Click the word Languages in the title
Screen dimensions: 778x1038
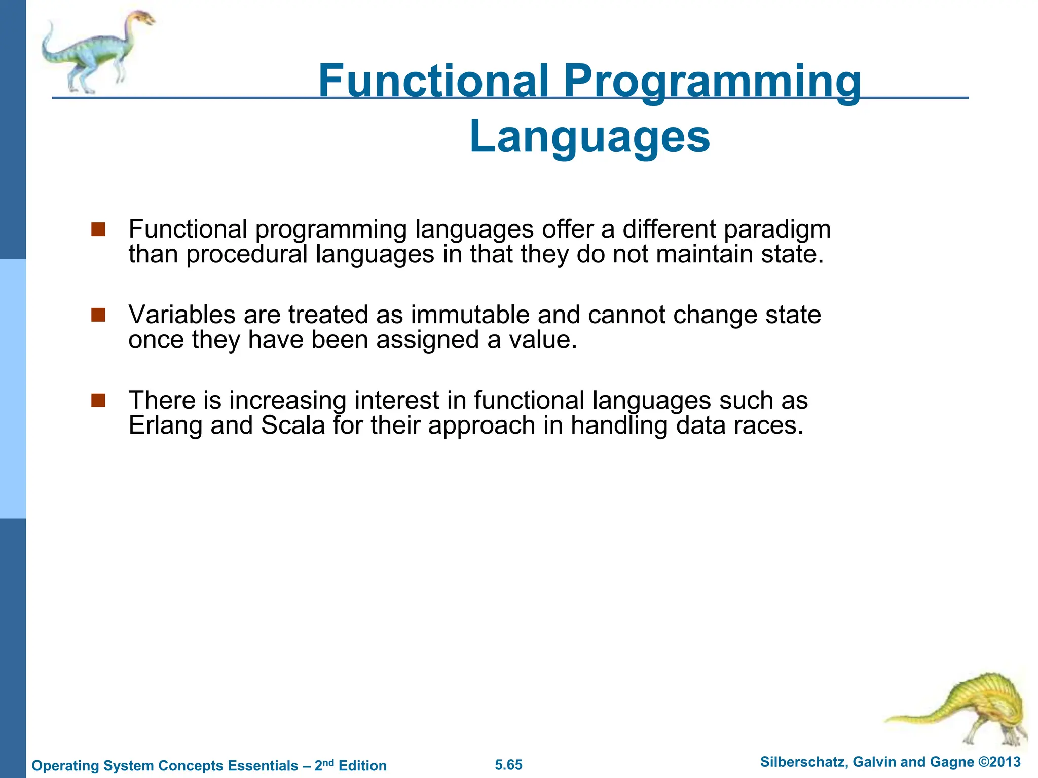click(x=589, y=137)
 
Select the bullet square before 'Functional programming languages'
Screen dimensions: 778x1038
click(x=98, y=229)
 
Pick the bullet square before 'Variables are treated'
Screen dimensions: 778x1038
click(x=98, y=315)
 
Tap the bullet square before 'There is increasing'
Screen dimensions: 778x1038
click(x=98, y=401)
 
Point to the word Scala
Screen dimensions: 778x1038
click(x=293, y=425)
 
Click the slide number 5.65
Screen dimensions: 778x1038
click(x=508, y=765)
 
